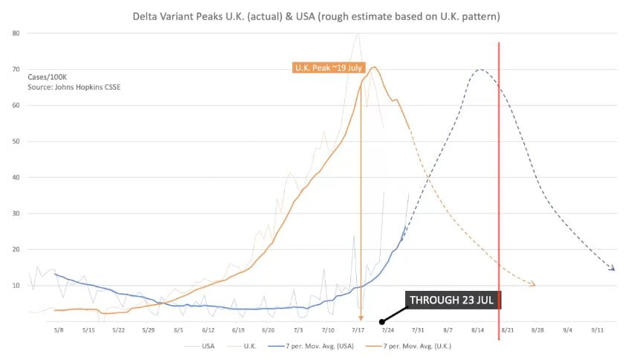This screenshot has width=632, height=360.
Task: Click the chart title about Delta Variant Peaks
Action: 315,15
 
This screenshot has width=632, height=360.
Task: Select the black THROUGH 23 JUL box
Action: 454,300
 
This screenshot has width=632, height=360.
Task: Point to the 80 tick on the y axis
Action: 15,33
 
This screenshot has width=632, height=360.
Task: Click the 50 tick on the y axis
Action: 15,141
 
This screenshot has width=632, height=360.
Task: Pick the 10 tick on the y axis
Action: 15,285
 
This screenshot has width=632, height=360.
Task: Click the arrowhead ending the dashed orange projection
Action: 532,284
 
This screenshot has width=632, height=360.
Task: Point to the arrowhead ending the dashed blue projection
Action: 612,269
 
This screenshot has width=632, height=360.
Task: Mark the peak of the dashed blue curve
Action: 480,70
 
